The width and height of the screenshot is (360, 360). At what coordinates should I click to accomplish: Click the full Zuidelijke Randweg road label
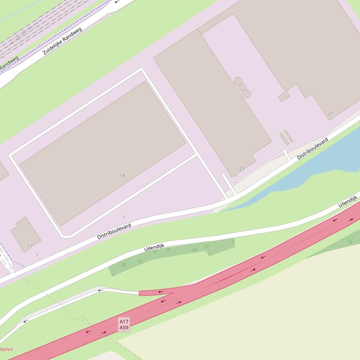[x=62, y=41]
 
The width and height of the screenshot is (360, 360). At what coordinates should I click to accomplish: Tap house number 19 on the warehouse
[x=122, y=176]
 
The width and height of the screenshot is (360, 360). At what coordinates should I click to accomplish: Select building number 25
[x=242, y=169]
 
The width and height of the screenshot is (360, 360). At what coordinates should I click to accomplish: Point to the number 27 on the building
[x=331, y=114]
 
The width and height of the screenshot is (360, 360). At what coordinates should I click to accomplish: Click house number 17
[x=30, y=246]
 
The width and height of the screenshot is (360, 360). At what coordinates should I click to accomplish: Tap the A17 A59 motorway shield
[x=124, y=324]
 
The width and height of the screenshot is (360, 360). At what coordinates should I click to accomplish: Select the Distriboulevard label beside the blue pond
[x=312, y=148]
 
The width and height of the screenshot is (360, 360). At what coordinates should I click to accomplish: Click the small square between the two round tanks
[x=242, y=87]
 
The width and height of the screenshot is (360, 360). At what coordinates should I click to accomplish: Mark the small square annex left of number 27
[x=284, y=97]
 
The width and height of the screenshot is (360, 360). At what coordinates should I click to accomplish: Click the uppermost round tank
[x=238, y=81]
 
